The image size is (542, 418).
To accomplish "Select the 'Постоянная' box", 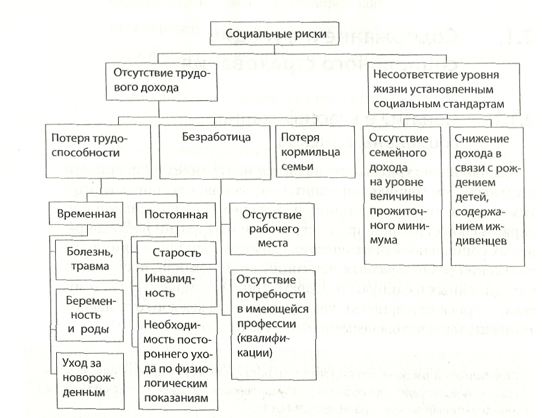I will pyautogui.click(x=176, y=215).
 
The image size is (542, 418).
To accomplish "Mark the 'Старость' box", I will pyautogui.click(x=176, y=254).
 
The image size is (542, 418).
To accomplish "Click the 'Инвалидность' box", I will pyautogui.click(x=176, y=287).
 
